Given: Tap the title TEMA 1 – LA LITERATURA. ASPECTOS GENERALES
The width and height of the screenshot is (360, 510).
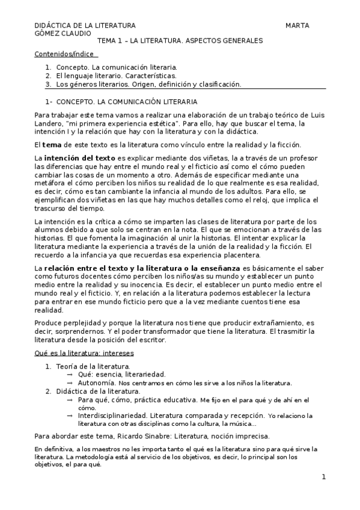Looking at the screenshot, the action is pos(180,41).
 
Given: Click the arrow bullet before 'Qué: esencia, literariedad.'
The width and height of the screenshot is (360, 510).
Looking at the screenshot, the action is pos(70,374).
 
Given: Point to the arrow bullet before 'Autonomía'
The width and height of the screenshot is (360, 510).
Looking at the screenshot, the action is pos(70,382).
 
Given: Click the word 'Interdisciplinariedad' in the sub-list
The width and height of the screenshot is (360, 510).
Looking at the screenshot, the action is pos(112,415).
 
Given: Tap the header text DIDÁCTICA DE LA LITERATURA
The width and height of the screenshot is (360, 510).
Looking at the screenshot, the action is pos(84,26).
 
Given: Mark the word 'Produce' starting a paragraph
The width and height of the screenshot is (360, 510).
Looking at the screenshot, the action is pos(47,323).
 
